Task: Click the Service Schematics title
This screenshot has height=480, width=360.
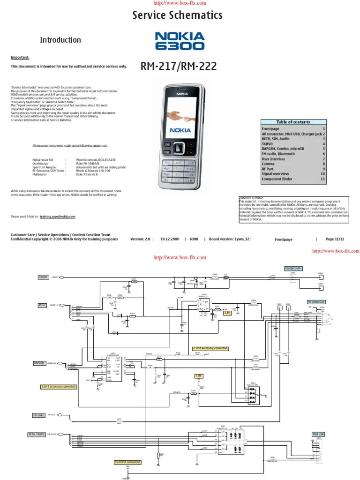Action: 177,16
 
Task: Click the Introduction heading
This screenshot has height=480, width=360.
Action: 60,40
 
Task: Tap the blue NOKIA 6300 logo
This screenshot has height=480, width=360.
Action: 180,41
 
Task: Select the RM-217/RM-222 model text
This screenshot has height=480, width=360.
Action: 179,67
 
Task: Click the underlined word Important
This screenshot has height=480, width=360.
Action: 20,58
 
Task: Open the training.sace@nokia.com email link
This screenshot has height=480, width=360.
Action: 57,217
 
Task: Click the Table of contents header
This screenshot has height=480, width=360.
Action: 293,122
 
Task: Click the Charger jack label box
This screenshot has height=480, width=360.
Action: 293,269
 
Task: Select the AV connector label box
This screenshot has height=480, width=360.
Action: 316,302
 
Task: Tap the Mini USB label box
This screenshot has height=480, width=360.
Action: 318,434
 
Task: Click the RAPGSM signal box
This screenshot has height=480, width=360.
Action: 39,363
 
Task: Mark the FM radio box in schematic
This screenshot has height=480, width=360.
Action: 39,415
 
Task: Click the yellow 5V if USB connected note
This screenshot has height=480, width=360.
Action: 127,462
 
